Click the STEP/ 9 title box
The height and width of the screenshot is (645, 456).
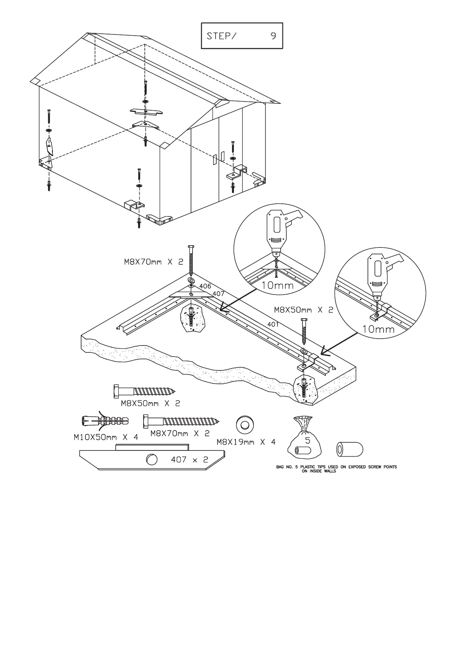(x=242, y=36)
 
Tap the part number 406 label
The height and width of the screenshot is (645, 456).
(x=205, y=286)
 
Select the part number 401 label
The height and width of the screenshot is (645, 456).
(x=273, y=324)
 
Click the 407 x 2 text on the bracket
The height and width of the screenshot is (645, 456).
(x=189, y=460)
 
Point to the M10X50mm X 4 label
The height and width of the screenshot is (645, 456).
(x=106, y=437)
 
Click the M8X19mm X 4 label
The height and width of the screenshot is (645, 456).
(x=246, y=442)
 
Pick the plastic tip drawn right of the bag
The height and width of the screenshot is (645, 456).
(x=349, y=449)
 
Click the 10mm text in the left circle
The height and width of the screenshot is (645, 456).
(x=278, y=285)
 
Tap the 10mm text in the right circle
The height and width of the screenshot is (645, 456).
(x=378, y=329)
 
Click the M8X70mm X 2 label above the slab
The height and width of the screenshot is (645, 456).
(x=154, y=262)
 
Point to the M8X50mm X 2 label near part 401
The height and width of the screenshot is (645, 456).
(x=304, y=310)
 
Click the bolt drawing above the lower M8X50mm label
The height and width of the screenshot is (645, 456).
(x=144, y=391)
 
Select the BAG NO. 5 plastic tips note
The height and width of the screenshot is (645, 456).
(x=336, y=469)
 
